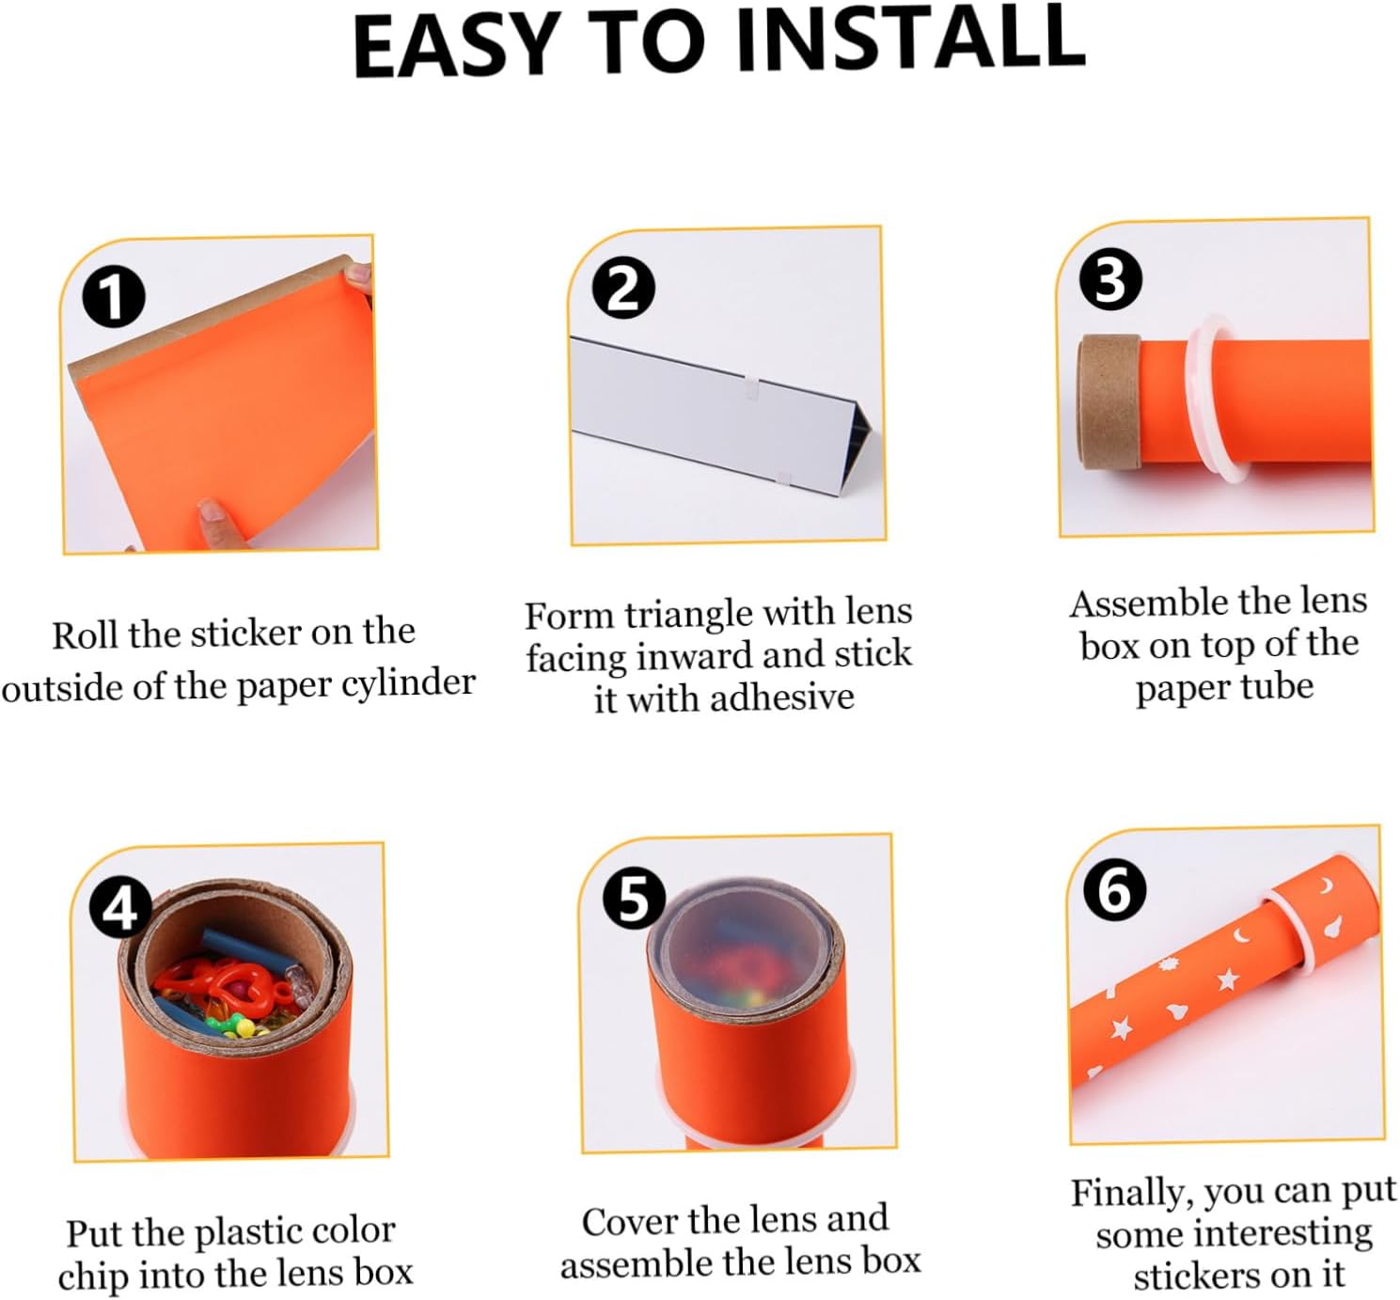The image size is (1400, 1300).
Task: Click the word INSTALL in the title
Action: [908, 40]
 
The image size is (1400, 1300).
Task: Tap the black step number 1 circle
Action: [114, 297]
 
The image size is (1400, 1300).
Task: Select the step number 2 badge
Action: [623, 289]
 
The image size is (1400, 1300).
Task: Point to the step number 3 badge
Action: [1111, 280]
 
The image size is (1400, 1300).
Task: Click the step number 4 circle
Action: [121, 910]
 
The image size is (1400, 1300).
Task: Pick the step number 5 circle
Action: [634, 900]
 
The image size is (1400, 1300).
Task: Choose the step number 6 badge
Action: [1114, 890]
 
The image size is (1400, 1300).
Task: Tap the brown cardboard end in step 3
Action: [1107, 402]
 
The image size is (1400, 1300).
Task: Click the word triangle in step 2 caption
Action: [690, 616]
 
